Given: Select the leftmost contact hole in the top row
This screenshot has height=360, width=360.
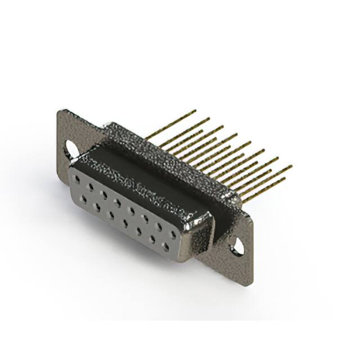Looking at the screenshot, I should point(76,178).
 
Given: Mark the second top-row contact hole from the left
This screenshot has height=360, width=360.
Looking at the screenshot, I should point(90,186).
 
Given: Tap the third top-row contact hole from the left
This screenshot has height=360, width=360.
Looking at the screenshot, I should point(104,193).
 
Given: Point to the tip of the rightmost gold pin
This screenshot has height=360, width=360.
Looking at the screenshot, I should point(291,166).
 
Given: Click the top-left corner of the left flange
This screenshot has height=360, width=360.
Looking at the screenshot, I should point(60,111).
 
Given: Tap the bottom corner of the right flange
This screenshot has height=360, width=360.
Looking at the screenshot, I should point(246,284).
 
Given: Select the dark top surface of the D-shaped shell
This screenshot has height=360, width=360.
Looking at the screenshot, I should point(141,174).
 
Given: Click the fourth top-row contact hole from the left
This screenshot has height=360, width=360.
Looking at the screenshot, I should point(118,201).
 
